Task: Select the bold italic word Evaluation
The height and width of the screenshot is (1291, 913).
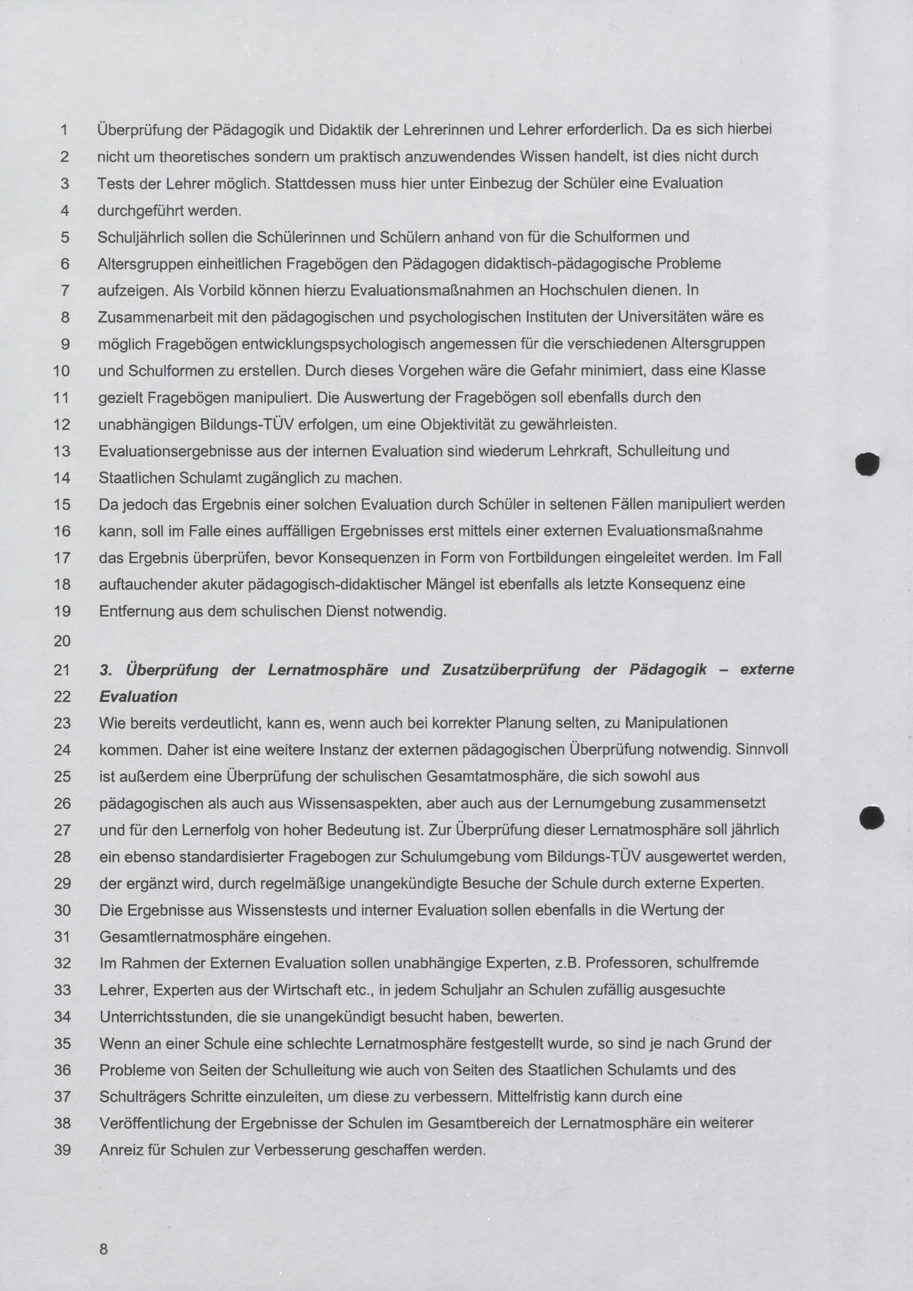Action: coord(138,697)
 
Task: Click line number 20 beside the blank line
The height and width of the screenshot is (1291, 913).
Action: coord(62,641)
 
